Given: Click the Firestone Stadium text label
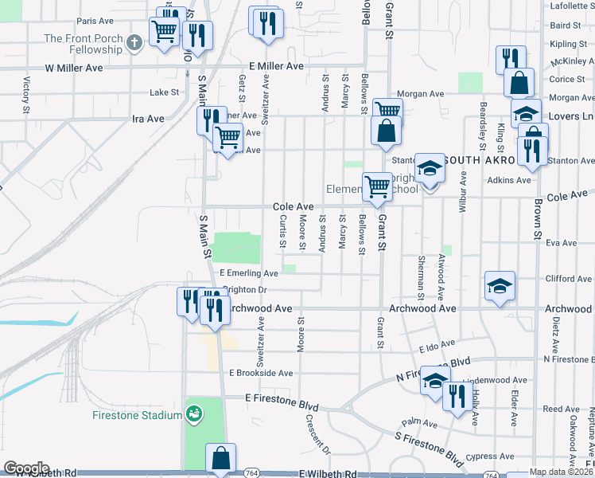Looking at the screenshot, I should [x=137, y=414].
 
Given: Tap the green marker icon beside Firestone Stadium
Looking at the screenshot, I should [x=193, y=413].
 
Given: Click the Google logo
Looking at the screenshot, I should [x=26, y=468].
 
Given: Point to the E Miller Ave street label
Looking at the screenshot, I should [x=276, y=66].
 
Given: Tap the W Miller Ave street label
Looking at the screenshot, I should [x=74, y=69].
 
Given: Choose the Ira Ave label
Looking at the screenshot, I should [x=148, y=119].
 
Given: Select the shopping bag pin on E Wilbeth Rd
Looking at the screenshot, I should [x=220, y=460].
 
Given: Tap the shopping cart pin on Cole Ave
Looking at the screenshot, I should [x=376, y=188].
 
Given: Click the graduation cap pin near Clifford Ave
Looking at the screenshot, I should [x=500, y=287].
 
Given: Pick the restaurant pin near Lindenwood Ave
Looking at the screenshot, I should [x=456, y=398].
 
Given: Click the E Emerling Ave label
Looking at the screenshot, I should [x=249, y=273].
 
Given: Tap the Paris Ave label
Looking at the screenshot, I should [x=96, y=22].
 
